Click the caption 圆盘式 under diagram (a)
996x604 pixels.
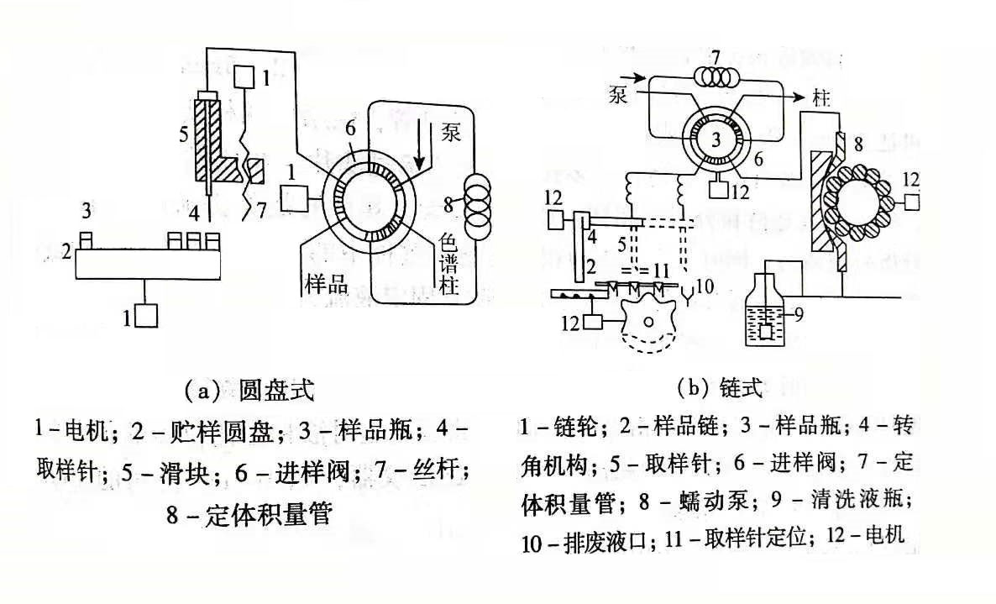click(276, 390)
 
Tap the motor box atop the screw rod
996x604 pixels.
click(245, 77)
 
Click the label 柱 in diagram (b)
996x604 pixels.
click(821, 98)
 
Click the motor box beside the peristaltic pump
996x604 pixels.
click(911, 202)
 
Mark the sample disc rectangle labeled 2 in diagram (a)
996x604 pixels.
click(148, 265)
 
